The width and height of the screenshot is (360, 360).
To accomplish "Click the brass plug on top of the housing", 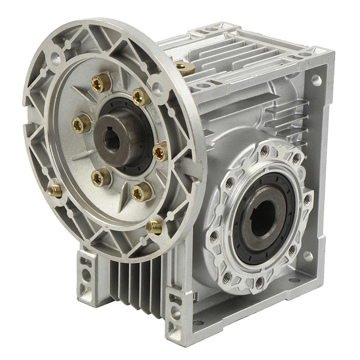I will (184, 67).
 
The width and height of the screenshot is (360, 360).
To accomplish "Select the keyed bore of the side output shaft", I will (261, 211).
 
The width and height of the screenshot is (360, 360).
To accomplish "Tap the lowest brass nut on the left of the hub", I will (101, 178).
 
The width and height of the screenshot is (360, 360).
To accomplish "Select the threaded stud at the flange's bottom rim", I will (154, 226).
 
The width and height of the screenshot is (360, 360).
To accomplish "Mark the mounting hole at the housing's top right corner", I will (316, 81).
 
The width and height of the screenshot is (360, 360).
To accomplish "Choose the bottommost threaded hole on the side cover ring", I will (259, 283).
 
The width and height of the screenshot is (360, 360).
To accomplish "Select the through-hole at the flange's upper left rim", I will (55, 57).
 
